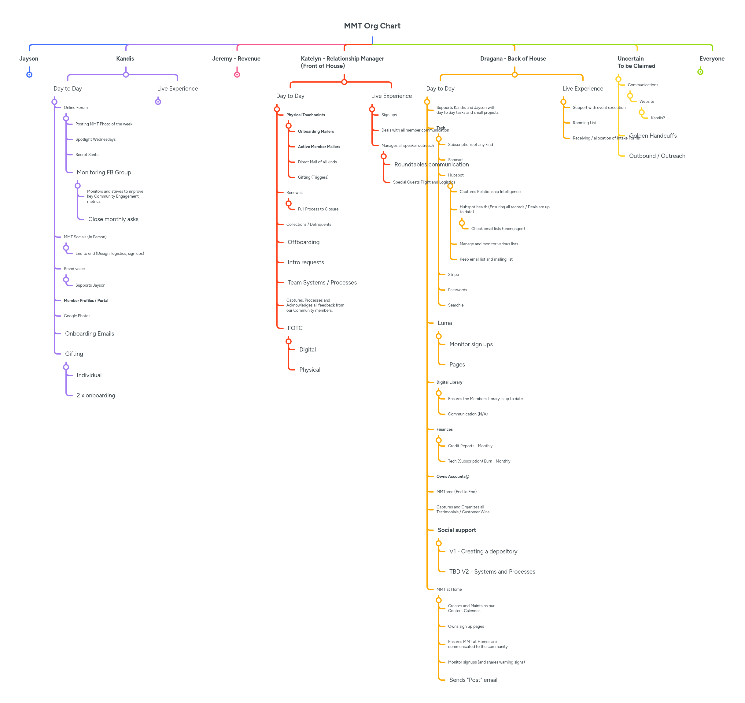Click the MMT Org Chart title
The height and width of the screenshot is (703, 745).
click(372, 26)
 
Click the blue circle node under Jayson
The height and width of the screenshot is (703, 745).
click(29, 75)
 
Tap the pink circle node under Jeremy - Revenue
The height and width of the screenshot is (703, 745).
click(237, 75)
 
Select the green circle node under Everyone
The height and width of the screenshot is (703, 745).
click(700, 72)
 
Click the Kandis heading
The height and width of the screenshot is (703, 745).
click(125, 58)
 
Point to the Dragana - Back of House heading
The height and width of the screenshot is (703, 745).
click(513, 58)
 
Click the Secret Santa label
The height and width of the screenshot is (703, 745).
click(87, 154)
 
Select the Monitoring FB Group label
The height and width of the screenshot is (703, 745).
click(104, 173)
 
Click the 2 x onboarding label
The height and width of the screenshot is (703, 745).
click(96, 395)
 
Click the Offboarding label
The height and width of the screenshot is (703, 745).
click(304, 242)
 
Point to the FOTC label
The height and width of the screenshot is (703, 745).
click(295, 328)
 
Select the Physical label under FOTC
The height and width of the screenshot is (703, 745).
click(310, 370)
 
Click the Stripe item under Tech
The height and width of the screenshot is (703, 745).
click(453, 274)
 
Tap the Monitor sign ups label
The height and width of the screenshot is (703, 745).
click(471, 344)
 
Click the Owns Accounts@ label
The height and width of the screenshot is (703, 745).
click(453, 477)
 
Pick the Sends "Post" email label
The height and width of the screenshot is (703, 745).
click(473, 680)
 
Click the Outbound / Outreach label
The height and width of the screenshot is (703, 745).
click(657, 156)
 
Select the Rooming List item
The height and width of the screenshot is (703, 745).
click(584, 123)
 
